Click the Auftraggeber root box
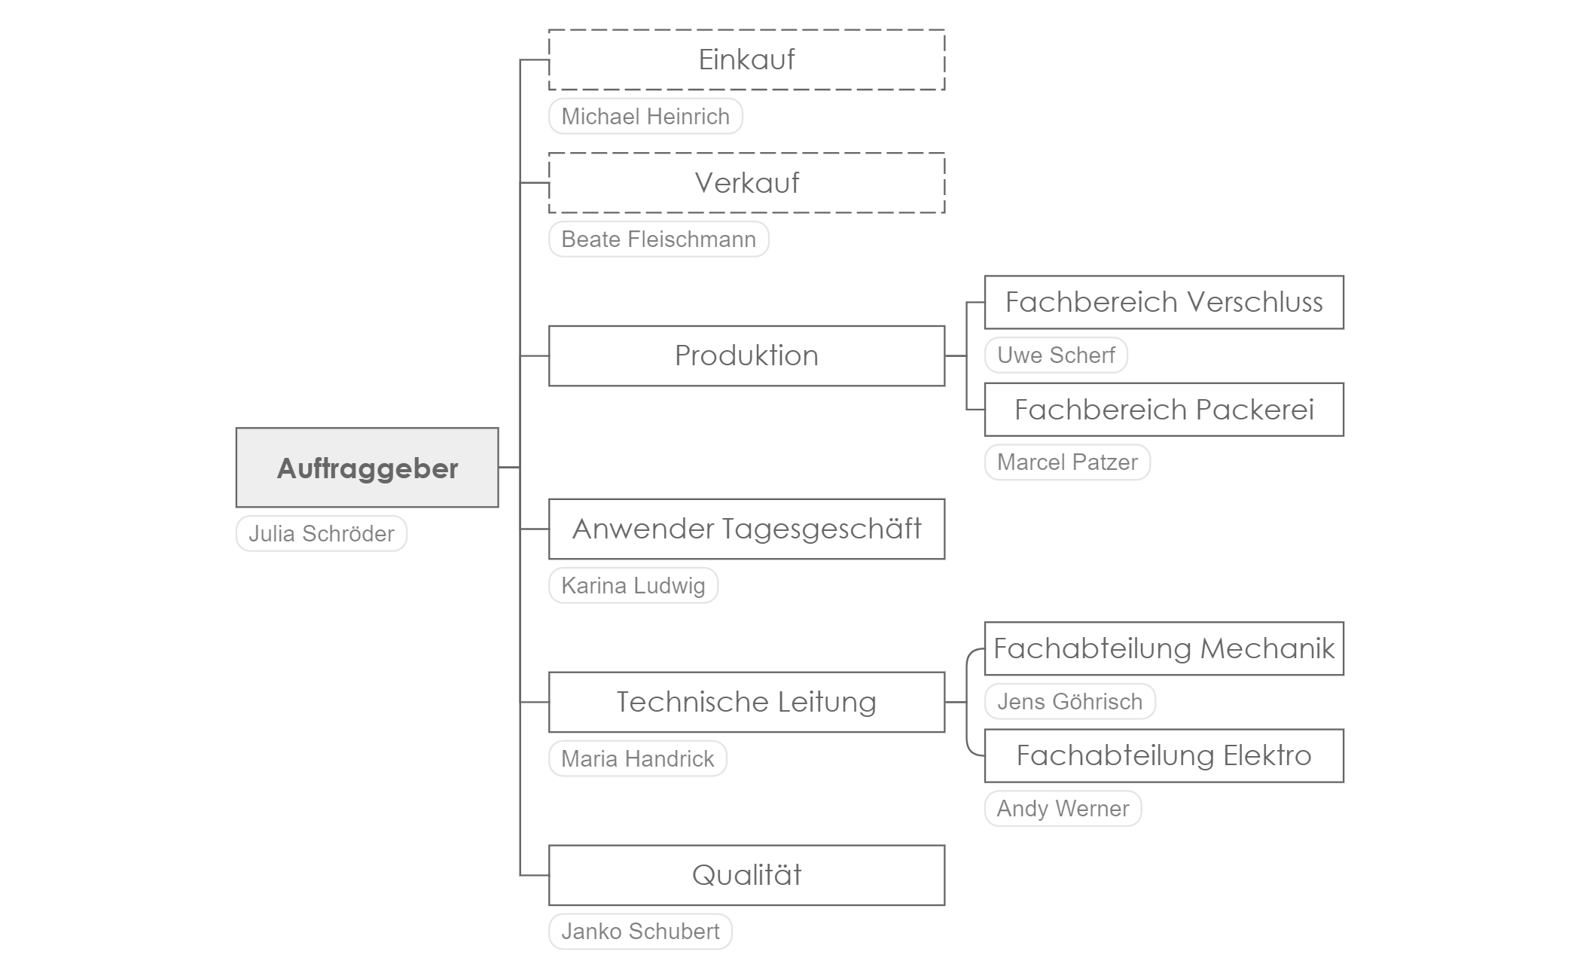click(367, 468)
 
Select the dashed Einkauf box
click(746, 59)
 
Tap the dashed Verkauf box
click(746, 183)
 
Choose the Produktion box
click(746, 355)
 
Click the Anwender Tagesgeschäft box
click(746, 529)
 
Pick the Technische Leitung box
click(746, 702)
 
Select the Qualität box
click(746, 875)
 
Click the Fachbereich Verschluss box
click(1164, 302)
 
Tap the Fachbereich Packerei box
click(1164, 410)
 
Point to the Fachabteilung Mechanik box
click(1164, 648)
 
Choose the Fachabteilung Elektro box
click(1164, 755)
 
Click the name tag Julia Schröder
click(322, 533)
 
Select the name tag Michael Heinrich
click(645, 116)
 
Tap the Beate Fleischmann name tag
click(659, 239)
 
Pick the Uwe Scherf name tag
click(1056, 355)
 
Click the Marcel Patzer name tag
click(1067, 462)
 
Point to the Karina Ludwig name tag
click(633, 585)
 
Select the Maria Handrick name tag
click(638, 758)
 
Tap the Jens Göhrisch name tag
click(1070, 701)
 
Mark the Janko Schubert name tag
click(640, 931)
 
